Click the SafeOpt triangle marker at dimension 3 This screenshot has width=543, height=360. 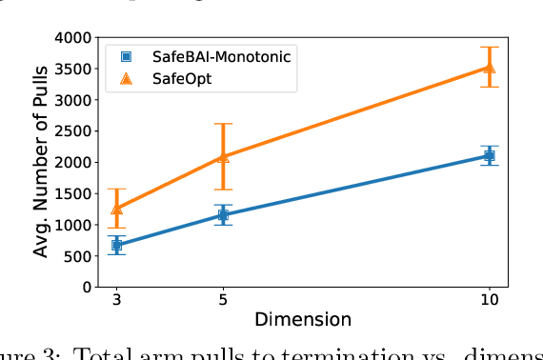coord(117,209)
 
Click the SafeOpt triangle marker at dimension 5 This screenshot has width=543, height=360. coord(223,157)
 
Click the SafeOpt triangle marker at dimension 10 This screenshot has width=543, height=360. coord(490,67)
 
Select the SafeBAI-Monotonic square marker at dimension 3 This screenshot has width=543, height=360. coord(117,246)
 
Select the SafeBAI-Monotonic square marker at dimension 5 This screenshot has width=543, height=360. coord(223,215)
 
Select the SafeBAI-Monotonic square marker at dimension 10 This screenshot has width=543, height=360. coord(490,155)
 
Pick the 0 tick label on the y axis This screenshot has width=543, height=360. coord(86,287)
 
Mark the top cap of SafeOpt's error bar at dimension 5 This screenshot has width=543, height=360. coord(223,124)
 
